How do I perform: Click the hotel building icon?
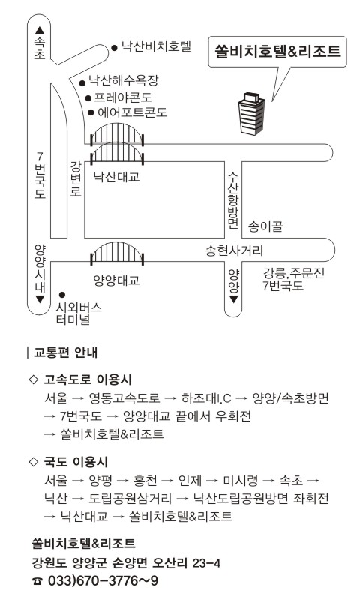(x=251, y=113)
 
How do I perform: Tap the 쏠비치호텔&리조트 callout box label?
(x=277, y=51)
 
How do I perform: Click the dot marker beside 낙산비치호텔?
(x=114, y=48)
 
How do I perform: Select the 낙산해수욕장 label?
(x=123, y=80)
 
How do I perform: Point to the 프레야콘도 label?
(x=123, y=97)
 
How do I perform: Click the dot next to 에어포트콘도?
(x=91, y=112)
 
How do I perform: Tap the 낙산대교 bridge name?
(x=116, y=177)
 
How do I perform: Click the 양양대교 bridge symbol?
(x=117, y=253)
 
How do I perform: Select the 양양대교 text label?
(x=116, y=280)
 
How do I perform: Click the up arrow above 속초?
(x=40, y=30)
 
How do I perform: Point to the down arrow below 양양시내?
(x=40, y=299)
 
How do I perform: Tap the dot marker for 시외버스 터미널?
(x=61, y=295)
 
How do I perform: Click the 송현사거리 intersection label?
(x=234, y=250)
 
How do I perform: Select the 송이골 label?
(x=265, y=226)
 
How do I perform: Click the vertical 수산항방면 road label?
(x=233, y=200)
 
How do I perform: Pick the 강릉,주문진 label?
(x=294, y=273)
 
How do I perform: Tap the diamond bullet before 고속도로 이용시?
(x=34, y=379)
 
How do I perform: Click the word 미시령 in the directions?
(x=241, y=481)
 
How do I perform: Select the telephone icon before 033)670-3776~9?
(x=37, y=582)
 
